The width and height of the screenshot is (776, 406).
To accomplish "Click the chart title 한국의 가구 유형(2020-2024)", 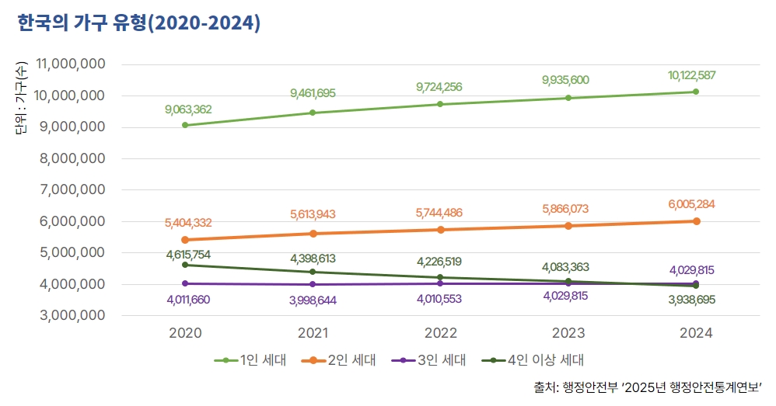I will pos(138,24).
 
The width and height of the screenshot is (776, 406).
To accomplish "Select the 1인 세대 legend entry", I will pos(253,359).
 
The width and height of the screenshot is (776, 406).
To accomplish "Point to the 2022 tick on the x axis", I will pos(440,333).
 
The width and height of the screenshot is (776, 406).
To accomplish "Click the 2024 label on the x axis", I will pos(695,333).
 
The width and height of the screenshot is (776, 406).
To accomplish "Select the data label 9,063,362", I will pos(187,109).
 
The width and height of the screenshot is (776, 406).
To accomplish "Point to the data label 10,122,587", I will pos(691,75).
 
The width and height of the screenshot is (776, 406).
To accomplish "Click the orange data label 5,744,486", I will pos(440,213).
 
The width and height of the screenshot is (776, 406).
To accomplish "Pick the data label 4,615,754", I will pos(187,254).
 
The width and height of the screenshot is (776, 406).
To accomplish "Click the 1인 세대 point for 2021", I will pos(313,113).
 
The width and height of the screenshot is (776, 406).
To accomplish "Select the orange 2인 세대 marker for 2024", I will pos(696,221).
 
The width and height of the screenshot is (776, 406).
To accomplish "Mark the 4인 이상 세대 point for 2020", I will pos(185,265).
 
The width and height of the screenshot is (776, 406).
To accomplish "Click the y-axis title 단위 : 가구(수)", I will pos(21,97).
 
